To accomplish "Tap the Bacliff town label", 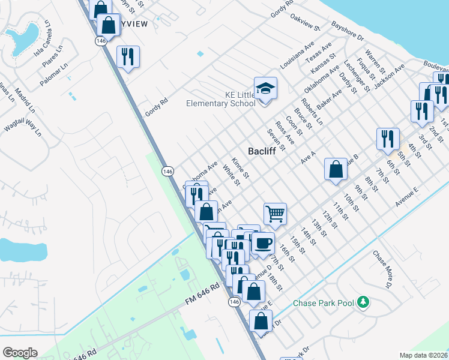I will [x=262, y=151].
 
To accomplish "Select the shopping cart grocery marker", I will [x=275, y=213].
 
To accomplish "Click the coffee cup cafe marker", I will [x=263, y=244].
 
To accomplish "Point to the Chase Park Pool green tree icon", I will [x=363, y=302].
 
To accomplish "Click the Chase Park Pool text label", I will [x=323, y=303].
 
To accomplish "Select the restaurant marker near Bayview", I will [x=127, y=57].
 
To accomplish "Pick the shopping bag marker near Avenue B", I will [x=335, y=169].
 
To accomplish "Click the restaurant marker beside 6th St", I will [x=388, y=139].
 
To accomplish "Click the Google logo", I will [x=19, y=353].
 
